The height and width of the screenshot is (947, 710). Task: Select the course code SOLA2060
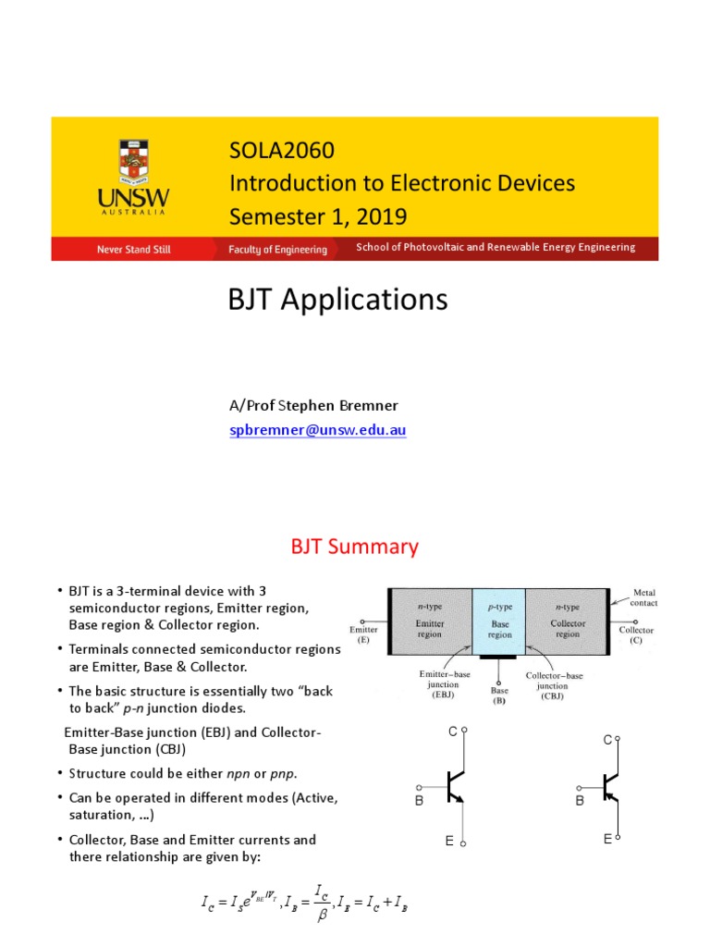pos(282,151)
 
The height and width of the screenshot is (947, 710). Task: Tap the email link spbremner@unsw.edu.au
pos(318,430)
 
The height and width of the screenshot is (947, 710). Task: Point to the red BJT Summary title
pos(354,547)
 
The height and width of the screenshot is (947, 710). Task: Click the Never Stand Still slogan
pos(134,250)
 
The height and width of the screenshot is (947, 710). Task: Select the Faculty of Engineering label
pos(278,250)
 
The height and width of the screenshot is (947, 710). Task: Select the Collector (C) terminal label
pos(636,635)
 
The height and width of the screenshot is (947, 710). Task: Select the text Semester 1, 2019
pos(317,215)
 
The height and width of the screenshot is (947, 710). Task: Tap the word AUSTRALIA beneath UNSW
pos(141,211)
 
